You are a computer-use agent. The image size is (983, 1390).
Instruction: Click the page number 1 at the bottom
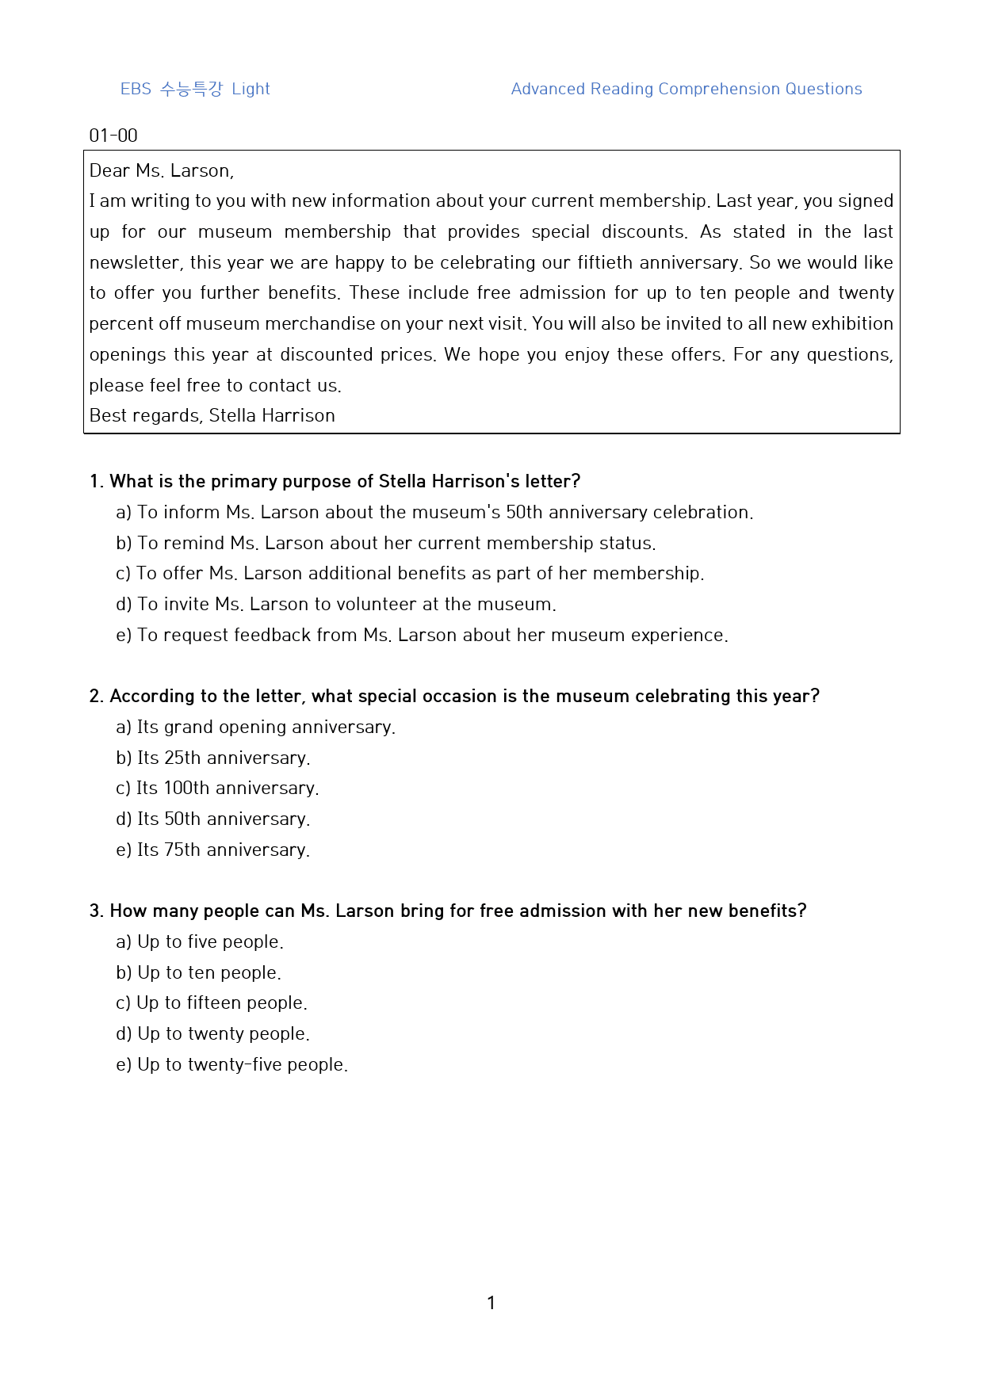coord(491,1303)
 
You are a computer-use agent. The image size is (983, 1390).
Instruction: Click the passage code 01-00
coord(113,136)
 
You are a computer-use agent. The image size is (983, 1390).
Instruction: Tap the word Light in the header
coord(251,89)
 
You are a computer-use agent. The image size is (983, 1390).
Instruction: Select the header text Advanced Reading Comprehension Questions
coord(686,89)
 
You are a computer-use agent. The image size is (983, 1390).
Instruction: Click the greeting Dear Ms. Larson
coord(161,170)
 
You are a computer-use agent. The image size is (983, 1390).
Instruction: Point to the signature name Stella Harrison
coord(272,415)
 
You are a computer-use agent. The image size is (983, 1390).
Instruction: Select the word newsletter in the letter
coord(134,262)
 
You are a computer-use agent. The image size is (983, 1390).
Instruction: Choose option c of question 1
coord(410,573)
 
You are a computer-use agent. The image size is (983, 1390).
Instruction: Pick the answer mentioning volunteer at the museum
coord(336,604)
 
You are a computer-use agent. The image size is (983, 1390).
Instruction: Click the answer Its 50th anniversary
coord(213,819)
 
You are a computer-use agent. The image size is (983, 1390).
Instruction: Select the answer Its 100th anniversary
coord(217,788)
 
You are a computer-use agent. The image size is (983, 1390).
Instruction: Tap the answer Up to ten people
coord(199,972)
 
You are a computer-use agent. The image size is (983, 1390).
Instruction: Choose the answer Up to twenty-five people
coord(232,1064)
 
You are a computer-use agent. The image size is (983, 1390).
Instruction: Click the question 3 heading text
coord(448,911)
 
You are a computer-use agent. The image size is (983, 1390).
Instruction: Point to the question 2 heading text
coord(454,696)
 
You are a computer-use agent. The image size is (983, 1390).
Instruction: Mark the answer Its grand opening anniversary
coord(256,727)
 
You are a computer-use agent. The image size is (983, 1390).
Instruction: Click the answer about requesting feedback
coord(422,635)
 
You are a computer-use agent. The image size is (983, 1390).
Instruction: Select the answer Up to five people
coord(200,941)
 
